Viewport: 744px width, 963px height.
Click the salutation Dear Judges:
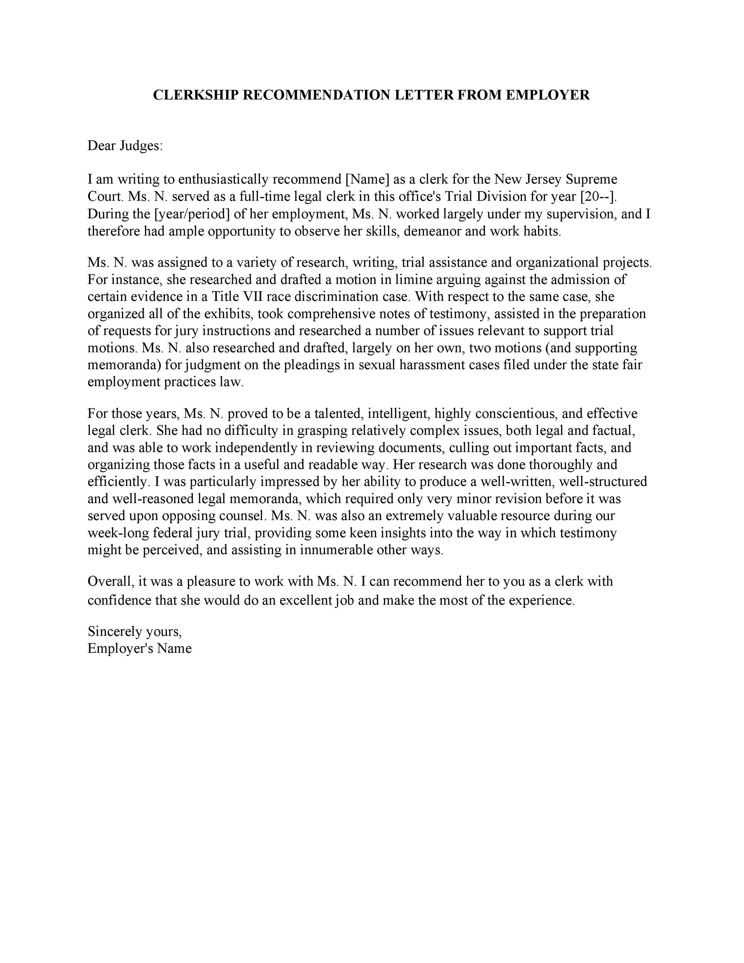coord(125,146)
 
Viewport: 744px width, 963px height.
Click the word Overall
coord(111,581)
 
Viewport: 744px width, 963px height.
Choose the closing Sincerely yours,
coord(134,631)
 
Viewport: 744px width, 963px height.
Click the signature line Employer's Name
coord(139,649)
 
